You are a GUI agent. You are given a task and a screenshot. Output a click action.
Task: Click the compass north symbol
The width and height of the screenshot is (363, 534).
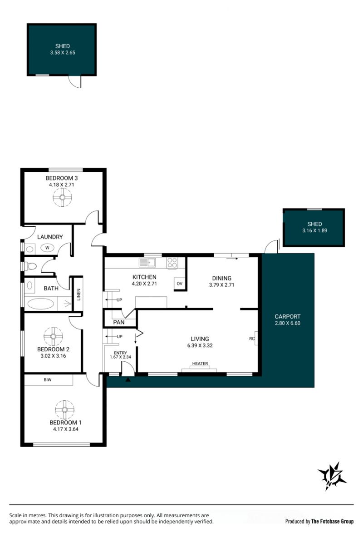tap(332, 476)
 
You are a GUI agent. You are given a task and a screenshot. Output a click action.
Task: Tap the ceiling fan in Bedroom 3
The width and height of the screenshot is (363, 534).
tap(63, 197)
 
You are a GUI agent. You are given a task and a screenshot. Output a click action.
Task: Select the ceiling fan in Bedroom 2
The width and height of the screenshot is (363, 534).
tap(54, 336)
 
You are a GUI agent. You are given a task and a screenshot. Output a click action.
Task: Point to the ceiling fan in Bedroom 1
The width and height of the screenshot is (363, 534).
tap(64, 409)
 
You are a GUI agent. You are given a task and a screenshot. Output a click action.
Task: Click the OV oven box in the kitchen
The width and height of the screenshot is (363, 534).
tap(180, 283)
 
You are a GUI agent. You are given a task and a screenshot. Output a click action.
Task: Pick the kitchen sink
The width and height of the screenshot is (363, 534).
tap(147, 263)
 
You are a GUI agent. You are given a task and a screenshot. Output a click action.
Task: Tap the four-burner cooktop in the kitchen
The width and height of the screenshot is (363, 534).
tap(172, 263)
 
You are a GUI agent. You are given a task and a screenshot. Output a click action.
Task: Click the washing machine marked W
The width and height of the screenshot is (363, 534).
tap(47, 248)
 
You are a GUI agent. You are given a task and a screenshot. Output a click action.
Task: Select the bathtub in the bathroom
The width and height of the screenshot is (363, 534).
tap(41, 304)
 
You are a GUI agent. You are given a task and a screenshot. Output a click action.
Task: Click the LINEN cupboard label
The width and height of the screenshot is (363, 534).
tap(78, 294)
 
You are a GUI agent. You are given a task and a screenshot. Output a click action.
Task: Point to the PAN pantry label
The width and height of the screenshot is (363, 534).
tap(118, 322)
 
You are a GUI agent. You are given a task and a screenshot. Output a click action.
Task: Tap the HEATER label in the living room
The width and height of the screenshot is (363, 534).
tap(200, 364)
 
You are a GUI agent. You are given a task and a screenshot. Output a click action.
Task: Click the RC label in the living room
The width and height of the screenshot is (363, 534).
tap(252, 339)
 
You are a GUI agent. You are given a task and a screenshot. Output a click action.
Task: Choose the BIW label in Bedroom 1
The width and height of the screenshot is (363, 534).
tap(48, 380)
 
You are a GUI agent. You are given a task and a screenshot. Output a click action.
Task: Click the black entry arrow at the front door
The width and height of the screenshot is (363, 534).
tap(128, 379)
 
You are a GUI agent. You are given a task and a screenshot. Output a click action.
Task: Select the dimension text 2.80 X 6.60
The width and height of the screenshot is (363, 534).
tap(288, 323)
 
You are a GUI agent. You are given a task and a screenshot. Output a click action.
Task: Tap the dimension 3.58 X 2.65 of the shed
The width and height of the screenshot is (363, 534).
tap(63, 52)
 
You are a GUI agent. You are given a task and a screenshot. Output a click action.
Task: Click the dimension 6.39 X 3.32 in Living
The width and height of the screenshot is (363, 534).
tap(200, 345)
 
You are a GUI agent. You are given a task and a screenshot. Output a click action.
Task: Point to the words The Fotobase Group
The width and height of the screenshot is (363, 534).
tap(333, 521)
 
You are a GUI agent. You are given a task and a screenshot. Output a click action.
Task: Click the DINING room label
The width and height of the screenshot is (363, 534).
tap(221, 278)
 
